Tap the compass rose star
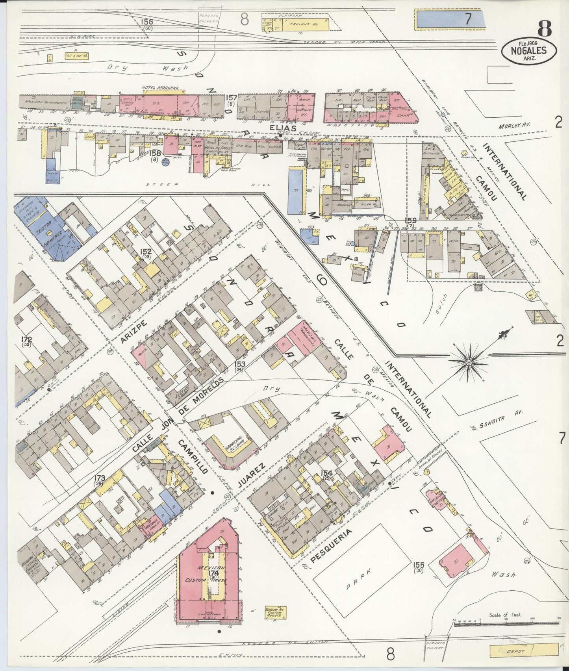click(x=469, y=361)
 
